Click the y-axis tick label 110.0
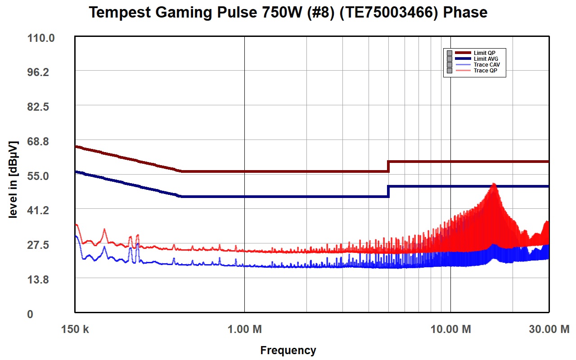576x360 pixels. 41,38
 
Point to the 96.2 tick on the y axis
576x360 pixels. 38,72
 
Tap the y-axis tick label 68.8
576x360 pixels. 38,141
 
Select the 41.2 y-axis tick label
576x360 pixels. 38,210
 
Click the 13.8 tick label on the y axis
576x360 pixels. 38,279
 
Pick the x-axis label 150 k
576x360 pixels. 75,329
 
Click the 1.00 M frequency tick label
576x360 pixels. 244,329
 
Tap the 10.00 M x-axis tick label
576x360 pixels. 450,329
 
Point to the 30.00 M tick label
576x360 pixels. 549,329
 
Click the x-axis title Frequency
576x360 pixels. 288,350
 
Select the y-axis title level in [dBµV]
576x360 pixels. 13,180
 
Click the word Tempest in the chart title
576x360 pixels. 120,12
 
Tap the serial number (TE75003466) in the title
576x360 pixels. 388,12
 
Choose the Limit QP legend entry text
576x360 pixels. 485,53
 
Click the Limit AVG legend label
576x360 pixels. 486,59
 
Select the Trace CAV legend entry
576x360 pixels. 487,65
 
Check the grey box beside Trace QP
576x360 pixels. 450,71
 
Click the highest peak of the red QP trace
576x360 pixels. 494,184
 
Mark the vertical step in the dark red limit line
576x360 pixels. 388,166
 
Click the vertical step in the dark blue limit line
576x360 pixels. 388,191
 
